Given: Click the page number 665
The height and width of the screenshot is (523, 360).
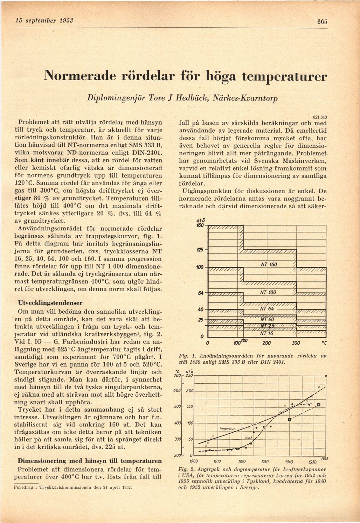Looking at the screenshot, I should tap(322, 21).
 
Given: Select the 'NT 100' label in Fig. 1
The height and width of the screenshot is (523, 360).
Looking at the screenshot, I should tap(269, 292).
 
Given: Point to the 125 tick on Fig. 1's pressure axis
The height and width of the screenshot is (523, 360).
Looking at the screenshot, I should tap(200, 250).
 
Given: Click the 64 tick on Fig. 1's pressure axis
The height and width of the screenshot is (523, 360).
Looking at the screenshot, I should tap(201, 293).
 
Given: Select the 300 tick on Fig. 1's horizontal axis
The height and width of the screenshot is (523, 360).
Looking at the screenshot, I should tap(296, 342).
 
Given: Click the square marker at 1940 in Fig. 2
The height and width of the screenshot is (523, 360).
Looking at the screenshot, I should tap(289, 419).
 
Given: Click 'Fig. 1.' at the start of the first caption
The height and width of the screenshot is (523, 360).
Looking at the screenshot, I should tap(186, 356).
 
